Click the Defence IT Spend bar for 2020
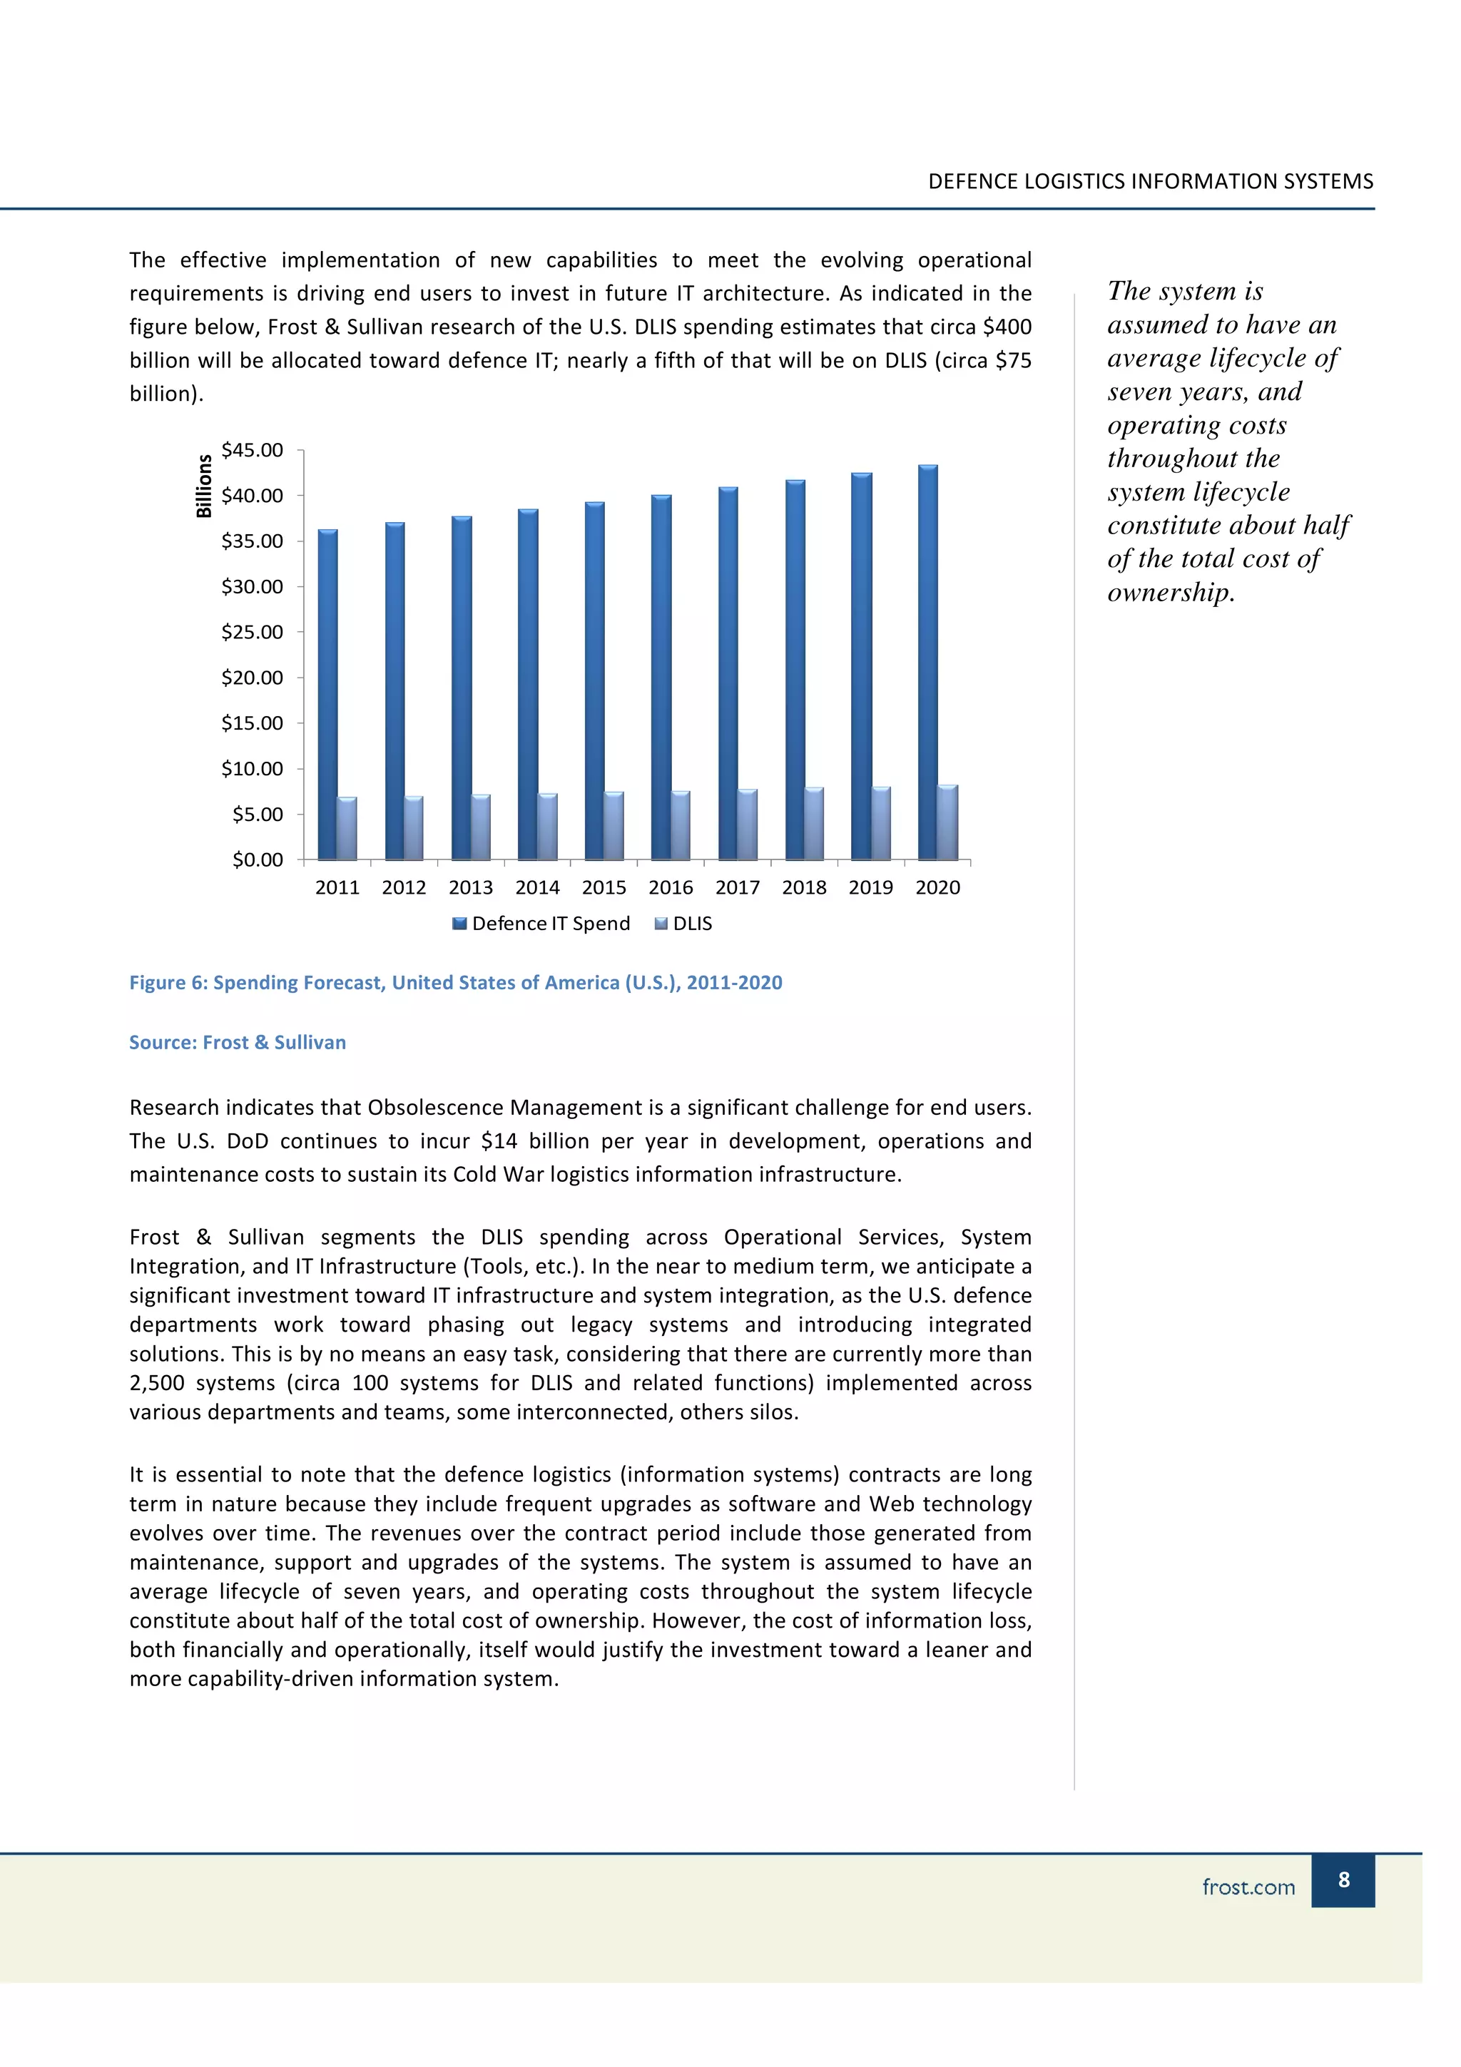point(927,662)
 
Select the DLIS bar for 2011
point(347,828)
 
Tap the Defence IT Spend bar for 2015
point(594,680)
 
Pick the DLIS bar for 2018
point(814,824)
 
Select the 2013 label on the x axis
point(471,888)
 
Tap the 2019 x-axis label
point(870,888)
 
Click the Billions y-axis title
point(204,486)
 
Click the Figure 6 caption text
point(456,982)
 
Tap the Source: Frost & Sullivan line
point(238,1043)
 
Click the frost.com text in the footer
point(1248,1887)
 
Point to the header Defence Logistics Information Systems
point(1151,182)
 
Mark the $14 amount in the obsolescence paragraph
point(499,1141)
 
